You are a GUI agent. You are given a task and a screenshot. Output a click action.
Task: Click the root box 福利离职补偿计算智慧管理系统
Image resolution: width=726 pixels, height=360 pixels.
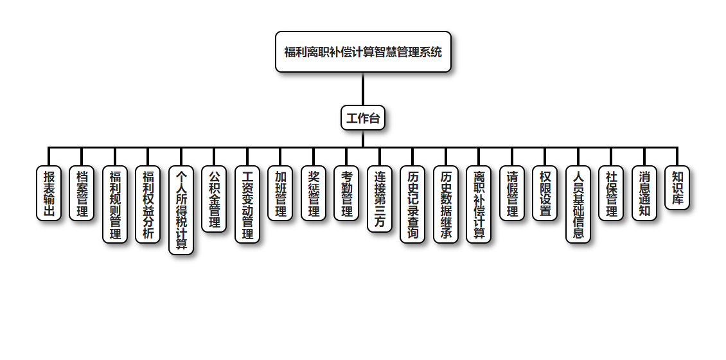coord(363,52)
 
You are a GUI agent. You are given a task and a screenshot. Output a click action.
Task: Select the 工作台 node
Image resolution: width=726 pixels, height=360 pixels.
coord(363,118)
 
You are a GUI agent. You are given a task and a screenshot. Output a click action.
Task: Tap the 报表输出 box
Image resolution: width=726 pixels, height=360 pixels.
coord(49,194)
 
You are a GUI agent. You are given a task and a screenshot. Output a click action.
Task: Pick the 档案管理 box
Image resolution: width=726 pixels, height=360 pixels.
coord(82,194)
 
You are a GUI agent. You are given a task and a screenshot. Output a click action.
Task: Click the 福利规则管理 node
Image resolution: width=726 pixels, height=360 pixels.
coord(115,204)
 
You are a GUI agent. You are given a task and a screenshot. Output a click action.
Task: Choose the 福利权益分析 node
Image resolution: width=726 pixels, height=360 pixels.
coord(148,204)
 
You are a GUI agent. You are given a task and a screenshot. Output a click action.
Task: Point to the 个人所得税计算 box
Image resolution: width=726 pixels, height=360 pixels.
coord(181,210)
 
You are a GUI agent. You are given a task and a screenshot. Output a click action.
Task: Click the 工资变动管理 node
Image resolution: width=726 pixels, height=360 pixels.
coord(247,204)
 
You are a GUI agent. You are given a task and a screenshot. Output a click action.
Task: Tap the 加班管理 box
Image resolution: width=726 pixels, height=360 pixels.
coord(280,194)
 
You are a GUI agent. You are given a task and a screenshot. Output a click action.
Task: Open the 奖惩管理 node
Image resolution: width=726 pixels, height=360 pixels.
coord(314,194)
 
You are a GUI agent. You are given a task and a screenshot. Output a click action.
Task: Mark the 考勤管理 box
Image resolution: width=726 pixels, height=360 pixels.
coord(346,194)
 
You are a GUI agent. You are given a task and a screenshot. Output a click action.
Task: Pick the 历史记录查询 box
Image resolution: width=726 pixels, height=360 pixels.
coord(412,204)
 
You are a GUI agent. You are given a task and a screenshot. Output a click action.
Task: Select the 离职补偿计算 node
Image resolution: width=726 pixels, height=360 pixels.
coord(479,204)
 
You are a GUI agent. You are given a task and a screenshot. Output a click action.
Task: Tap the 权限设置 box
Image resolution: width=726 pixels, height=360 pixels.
coord(545,194)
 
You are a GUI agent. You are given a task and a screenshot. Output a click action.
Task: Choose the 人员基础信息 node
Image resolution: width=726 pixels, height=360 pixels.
coord(578,204)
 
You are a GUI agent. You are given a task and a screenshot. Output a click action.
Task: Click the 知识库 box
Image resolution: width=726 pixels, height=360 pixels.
coord(677,188)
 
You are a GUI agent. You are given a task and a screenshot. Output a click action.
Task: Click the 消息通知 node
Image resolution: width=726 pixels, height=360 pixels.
coord(644,194)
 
